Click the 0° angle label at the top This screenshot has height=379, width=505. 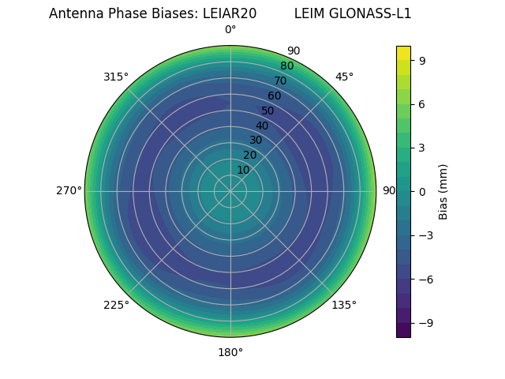[x=230, y=30]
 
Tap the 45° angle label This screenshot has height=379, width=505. [x=344, y=77]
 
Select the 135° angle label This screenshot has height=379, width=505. [x=344, y=305]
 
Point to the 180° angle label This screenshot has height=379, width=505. [x=230, y=352]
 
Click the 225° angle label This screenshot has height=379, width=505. [x=116, y=306]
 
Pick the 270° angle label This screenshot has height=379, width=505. [x=69, y=190]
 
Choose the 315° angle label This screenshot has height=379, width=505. [x=116, y=77]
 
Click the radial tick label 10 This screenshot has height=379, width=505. [x=243, y=170]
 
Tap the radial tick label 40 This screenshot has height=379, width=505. [x=262, y=126]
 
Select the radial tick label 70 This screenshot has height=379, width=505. [x=280, y=81]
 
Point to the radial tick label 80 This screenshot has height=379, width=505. [x=286, y=66]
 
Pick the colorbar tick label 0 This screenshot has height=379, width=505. [x=423, y=191]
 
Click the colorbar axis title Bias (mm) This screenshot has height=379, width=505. [x=443, y=191]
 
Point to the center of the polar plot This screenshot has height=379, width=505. [x=230, y=191]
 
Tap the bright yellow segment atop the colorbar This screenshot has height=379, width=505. [x=403, y=53]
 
